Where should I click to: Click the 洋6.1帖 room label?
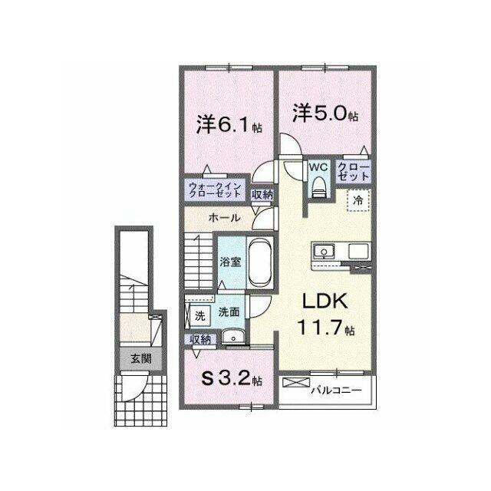(229, 124)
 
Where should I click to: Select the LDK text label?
(325, 302)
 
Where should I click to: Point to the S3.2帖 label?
(232, 380)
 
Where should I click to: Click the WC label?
(318, 167)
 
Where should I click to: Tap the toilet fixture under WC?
(319, 187)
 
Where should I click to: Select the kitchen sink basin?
(324, 252)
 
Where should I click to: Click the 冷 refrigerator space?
(358, 200)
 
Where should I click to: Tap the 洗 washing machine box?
(199, 315)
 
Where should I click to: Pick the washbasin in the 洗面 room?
(233, 338)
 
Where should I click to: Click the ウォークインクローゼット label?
(215, 189)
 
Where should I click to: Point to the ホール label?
(224, 218)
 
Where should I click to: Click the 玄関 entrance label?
(141, 358)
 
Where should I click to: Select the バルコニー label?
(336, 390)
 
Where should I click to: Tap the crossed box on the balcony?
(296, 382)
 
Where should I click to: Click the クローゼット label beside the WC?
(354, 171)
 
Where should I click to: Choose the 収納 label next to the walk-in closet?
(262, 195)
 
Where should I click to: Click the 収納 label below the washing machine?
(200, 340)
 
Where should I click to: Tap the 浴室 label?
(230, 262)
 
